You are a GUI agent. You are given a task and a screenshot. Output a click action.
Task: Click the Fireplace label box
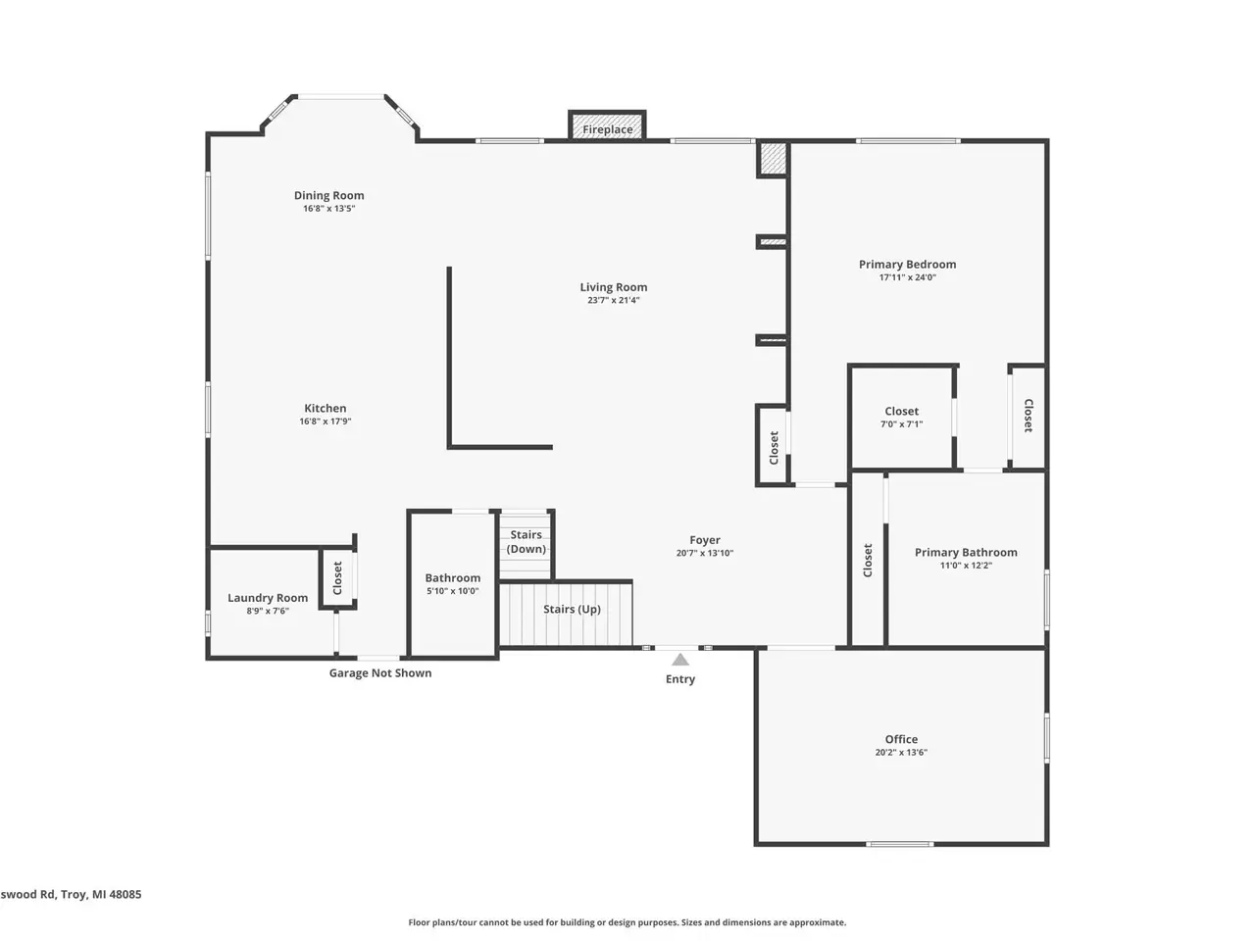point(607,125)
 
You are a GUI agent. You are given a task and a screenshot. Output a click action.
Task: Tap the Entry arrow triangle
point(679,660)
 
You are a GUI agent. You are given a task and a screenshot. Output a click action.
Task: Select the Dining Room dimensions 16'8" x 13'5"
point(328,209)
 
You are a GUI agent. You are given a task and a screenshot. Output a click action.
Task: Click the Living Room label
point(614,287)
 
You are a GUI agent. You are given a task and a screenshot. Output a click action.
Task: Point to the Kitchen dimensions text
point(326,421)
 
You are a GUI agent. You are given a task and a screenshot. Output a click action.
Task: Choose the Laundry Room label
point(268,598)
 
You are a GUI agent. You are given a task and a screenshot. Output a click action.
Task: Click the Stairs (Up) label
point(572,609)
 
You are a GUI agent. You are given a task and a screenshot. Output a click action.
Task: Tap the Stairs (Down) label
point(526,542)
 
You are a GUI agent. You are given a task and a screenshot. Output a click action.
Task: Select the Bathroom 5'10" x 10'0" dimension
point(452,591)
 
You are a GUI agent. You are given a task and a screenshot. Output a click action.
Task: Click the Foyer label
point(705,540)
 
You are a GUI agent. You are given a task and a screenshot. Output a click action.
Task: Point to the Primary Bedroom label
point(907,264)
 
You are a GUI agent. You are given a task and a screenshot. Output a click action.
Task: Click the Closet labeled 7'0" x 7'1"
point(902,412)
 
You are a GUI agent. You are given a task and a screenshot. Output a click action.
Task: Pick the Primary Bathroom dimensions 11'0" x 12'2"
point(966,566)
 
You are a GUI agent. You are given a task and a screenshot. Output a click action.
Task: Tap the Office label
point(901,739)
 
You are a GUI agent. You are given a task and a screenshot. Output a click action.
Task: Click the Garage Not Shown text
point(380,673)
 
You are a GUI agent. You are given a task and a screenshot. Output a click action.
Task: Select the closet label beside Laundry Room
point(337,577)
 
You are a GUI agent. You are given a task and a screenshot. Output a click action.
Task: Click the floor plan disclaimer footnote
point(627,922)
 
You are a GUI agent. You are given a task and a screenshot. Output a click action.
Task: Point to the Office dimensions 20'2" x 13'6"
point(901,753)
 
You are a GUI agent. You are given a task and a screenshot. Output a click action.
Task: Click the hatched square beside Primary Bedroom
point(773,160)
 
